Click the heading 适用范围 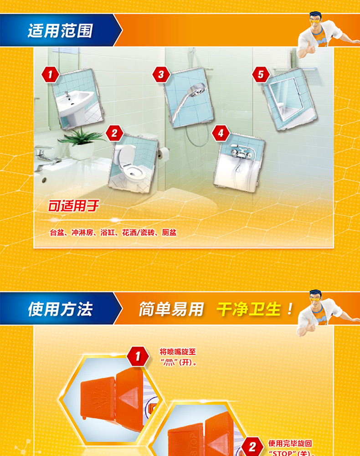click(60, 31)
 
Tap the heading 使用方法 click(60, 309)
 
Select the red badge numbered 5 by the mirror click(261, 75)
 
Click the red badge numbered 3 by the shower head click(161, 74)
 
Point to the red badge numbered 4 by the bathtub click(221, 133)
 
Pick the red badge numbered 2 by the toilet click(114, 133)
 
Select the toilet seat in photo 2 click(134, 172)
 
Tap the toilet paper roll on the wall click(165, 154)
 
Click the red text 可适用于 click(73, 206)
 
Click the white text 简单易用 click(171, 309)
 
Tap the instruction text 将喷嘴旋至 click(178, 352)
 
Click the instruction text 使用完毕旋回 click(290, 443)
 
